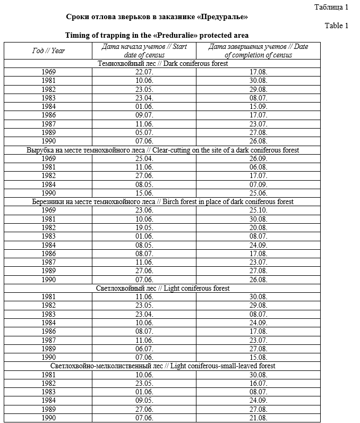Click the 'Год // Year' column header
coord(48,50)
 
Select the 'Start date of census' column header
coord(144,50)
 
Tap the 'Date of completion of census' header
coord(258,50)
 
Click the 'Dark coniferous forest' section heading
coord(162,63)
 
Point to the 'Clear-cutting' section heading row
coord(162,150)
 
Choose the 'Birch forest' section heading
coord(162,202)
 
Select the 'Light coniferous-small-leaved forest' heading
coord(162,366)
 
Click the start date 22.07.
coord(144,72)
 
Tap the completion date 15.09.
coord(258,106)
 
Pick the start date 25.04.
coord(144,158)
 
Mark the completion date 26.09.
coord(258,158)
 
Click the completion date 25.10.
coord(258,210)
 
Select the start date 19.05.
coord(144,227)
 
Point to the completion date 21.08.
coord(258,418)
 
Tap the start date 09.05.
coord(144,401)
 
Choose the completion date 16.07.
coord(258,383)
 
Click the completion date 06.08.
coord(258,167)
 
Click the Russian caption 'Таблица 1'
coord(331,7)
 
